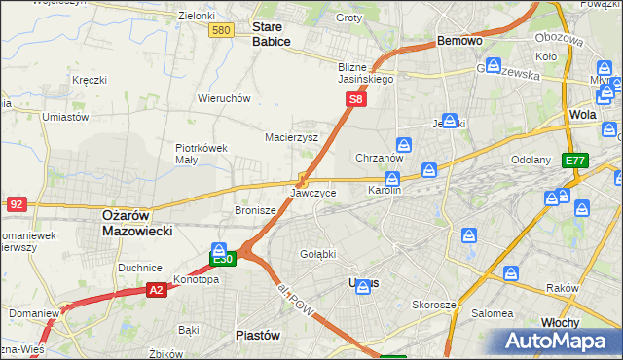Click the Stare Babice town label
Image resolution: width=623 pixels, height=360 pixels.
point(272,35)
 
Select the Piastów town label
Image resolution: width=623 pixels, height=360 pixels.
point(258,335)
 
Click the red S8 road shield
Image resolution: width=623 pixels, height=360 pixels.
point(357,99)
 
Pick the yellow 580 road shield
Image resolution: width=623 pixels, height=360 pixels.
point(221,31)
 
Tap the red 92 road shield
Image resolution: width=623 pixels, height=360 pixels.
point(16,204)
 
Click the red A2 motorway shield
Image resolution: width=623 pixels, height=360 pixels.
point(157,289)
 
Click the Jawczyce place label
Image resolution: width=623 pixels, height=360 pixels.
point(313,193)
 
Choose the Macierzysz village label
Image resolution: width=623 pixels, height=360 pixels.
point(292,138)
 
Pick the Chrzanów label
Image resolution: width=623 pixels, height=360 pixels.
point(380,158)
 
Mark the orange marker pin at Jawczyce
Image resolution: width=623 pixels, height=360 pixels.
point(303,180)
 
